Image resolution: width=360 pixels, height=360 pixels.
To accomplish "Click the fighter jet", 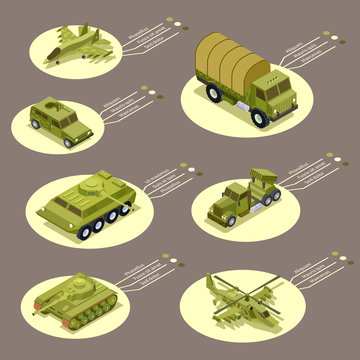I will [76, 45].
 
